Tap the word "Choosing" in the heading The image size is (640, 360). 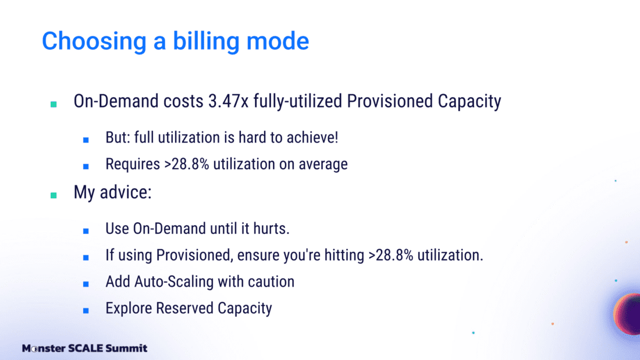click(x=94, y=41)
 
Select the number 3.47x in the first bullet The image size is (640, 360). click(x=228, y=101)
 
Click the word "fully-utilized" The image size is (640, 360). click(x=297, y=101)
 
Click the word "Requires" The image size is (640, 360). click(x=133, y=164)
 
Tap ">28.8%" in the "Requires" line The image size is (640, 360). click(x=187, y=164)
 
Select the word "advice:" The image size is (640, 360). click(x=126, y=193)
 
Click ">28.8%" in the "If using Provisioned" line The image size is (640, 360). click(x=390, y=255)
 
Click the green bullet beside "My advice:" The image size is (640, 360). click(x=54, y=195)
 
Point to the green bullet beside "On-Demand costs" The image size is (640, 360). click(x=54, y=104)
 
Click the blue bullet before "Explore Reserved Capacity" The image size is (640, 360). click(x=86, y=311)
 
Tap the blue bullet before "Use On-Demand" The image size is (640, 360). click(x=86, y=231)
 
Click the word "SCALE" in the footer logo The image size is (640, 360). click(x=85, y=348)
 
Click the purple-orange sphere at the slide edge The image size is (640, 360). click(x=627, y=314)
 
